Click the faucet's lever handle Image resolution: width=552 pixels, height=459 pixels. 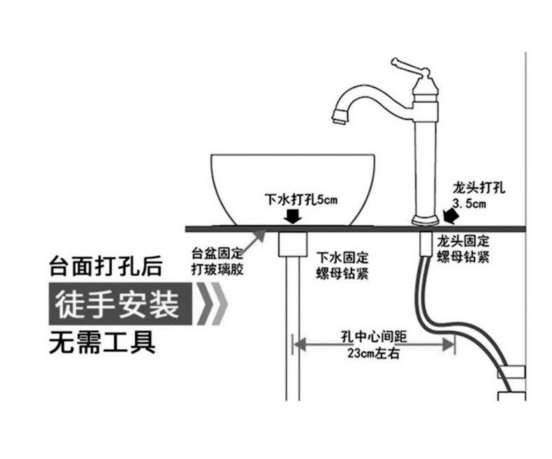tap(409, 67)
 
